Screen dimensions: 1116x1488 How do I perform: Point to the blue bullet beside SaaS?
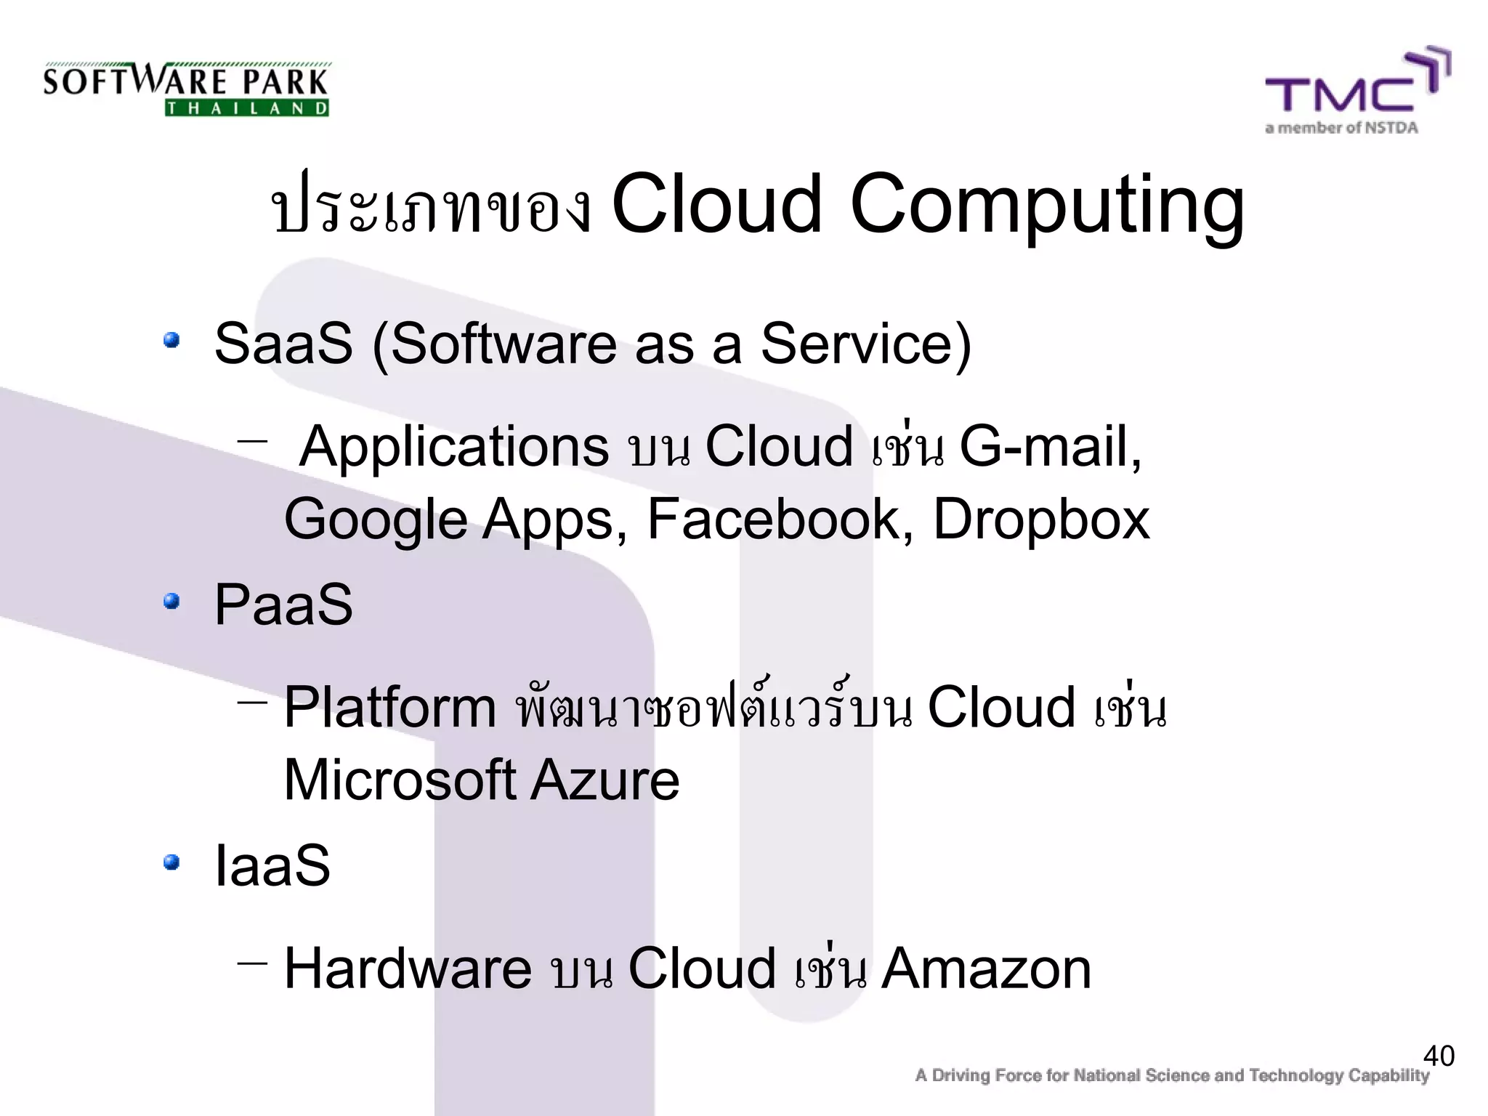click(x=171, y=341)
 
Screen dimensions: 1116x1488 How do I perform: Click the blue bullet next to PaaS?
click(x=171, y=602)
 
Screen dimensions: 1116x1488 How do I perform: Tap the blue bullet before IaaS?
click(x=171, y=862)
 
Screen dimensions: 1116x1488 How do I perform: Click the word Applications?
click(x=454, y=446)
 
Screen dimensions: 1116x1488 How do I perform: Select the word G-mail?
click(x=1051, y=446)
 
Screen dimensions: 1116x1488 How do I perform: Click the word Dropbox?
click(x=1041, y=519)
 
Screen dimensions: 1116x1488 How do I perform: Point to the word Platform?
click(x=389, y=707)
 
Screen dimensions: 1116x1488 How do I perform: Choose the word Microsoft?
click(x=400, y=780)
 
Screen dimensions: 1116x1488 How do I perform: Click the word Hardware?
click(x=408, y=969)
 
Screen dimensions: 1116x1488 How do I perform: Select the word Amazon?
click(x=986, y=969)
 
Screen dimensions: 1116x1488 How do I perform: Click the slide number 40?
click(x=1439, y=1056)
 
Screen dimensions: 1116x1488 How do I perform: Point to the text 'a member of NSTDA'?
click(x=1341, y=129)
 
